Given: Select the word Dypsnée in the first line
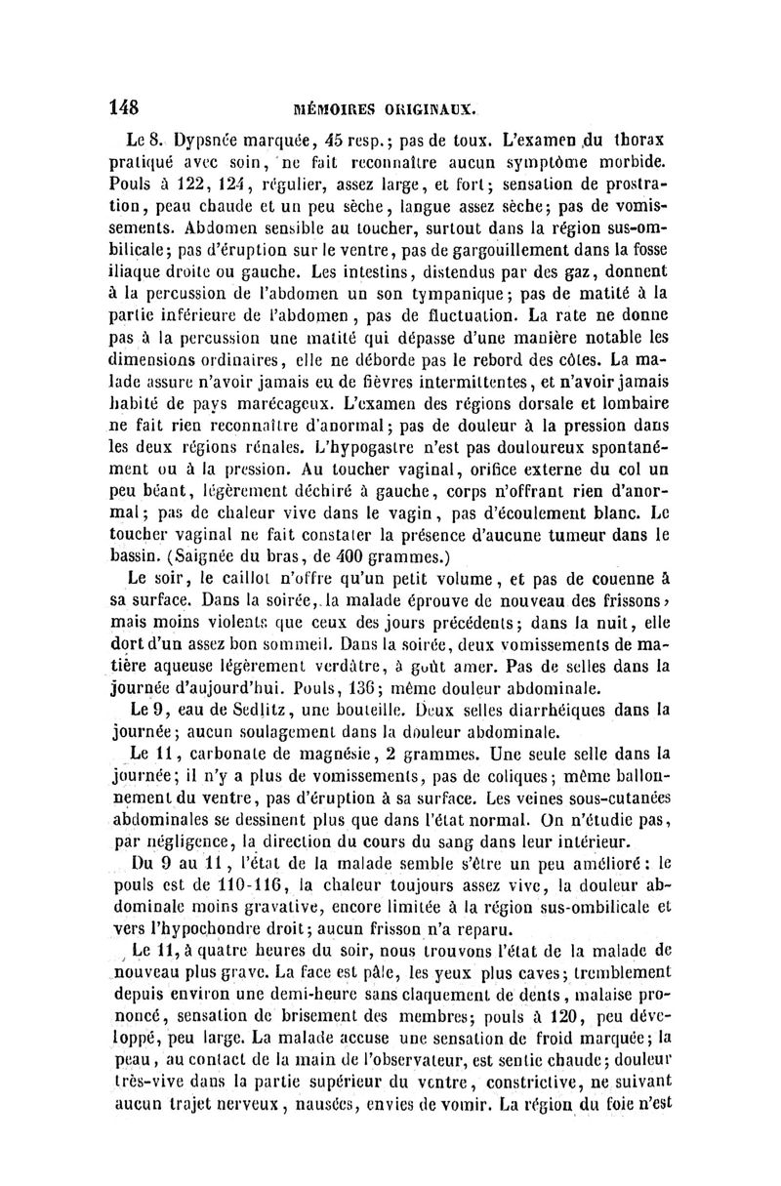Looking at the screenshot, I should [209, 138].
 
